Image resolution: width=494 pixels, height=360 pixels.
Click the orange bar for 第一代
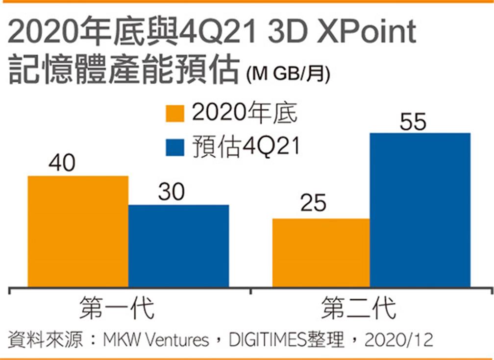pos(78,231)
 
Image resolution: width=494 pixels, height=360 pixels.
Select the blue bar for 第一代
pos(178,246)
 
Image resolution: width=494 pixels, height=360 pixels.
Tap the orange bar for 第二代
pos(321,253)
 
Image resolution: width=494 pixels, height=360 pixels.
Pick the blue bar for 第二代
pos(420,210)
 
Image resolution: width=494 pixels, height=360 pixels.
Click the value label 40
pos(62,164)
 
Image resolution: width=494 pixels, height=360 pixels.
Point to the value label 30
pos(172,192)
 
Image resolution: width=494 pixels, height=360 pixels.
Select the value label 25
pos(313,203)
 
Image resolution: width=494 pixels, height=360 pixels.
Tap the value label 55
pos(413,122)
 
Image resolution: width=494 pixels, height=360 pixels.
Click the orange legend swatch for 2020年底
pos(175,114)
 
